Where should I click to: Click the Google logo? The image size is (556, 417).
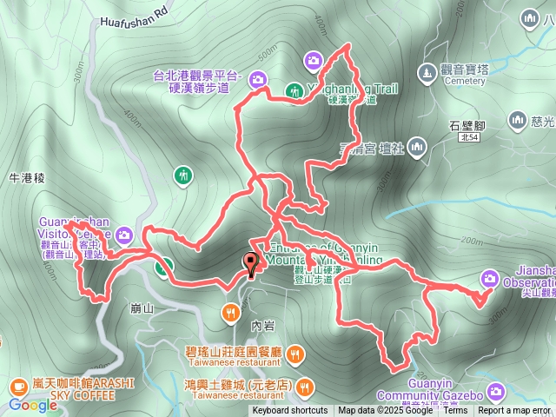[x=33, y=405]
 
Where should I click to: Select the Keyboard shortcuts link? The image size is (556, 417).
[x=290, y=411]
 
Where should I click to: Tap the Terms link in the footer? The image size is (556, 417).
[x=455, y=411]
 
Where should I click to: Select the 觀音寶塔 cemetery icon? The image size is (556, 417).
[x=427, y=70]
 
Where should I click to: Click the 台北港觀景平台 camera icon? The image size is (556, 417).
[x=257, y=81]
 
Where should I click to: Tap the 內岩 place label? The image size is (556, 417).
[x=261, y=325]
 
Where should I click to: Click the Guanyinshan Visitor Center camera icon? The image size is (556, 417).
[x=124, y=235]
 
